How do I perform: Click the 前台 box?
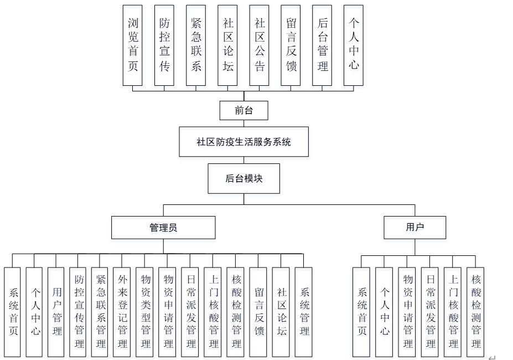243,110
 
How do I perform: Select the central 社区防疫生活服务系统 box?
243,142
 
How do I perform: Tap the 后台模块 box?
243,178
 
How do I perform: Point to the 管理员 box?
163,227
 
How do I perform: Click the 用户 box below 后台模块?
414,227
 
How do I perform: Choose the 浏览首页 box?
132,45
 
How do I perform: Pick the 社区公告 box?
259,45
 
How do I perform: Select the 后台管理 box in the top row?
322,45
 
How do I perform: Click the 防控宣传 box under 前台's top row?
164,45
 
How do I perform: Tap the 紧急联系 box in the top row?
195,45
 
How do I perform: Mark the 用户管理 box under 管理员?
56,312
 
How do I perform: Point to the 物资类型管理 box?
144,312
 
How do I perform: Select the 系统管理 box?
303,312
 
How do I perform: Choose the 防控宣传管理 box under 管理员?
78,312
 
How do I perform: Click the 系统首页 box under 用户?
361,312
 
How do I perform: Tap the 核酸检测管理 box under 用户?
475,312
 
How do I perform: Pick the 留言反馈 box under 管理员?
258,312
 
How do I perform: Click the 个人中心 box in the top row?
354,45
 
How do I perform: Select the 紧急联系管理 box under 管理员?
100,312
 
